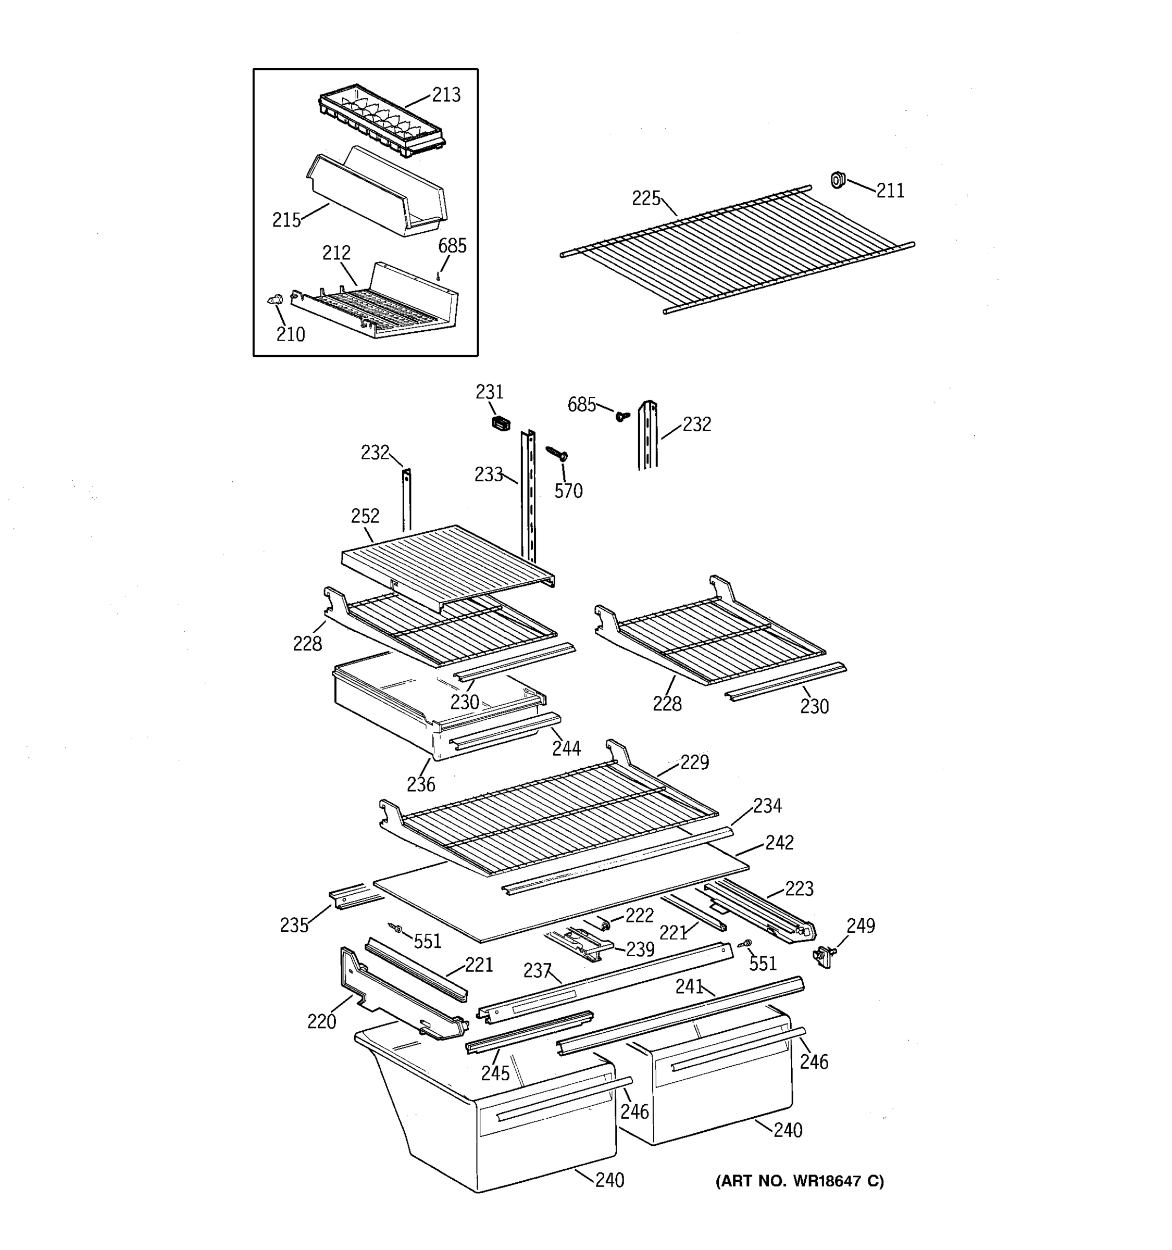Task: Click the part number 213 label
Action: (x=446, y=95)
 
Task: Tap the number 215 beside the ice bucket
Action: (x=286, y=220)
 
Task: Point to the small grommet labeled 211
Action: (x=837, y=180)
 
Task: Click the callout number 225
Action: (x=646, y=198)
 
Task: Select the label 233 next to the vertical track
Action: (x=489, y=474)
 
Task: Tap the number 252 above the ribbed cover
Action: (x=365, y=516)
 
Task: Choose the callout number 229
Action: (x=694, y=762)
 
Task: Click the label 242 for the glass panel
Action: (x=779, y=843)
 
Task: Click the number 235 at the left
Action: (x=294, y=925)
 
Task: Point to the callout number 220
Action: (x=321, y=1022)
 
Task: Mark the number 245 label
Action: (x=495, y=1073)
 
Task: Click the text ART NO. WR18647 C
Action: (x=799, y=1181)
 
